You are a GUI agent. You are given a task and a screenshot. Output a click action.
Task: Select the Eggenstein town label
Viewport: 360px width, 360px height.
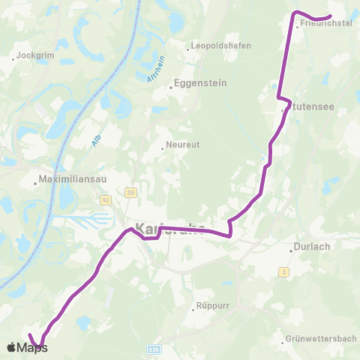pyautogui.click(x=196, y=84)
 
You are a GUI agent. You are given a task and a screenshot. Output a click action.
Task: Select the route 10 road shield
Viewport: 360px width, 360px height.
pyautogui.click(x=104, y=200)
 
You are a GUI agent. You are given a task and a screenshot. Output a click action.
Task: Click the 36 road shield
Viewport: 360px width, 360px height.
pyautogui.click(x=130, y=192)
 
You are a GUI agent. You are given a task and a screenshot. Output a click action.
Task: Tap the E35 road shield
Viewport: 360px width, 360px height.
pyautogui.click(x=154, y=349)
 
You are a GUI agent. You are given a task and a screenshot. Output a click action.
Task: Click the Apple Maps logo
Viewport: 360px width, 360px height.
pyautogui.click(x=28, y=347)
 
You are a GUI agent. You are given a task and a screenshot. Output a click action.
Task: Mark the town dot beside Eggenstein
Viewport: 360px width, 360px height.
pyautogui.click(x=172, y=87)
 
